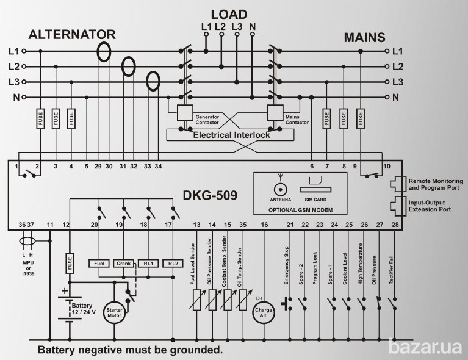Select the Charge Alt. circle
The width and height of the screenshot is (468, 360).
click(264, 311)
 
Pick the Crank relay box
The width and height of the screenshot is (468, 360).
click(123, 264)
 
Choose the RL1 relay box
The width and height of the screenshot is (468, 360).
click(148, 264)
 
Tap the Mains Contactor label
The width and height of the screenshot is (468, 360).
click(298, 117)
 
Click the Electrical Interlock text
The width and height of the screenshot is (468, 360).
click(232, 135)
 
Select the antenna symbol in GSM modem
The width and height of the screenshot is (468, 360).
click(280, 187)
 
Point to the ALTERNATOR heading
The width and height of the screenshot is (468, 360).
click(72, 34)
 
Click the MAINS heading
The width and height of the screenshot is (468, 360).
click(364, 37)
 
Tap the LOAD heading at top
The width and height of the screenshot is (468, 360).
click(229, 14)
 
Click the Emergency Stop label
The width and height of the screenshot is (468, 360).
click(286, 265)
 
